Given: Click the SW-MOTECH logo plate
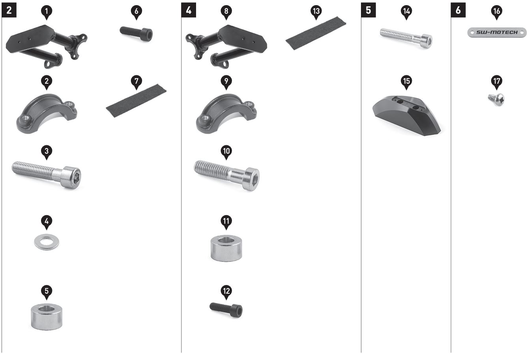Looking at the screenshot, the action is click(497, 32).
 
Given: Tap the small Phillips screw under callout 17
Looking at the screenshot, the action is click(496, 99).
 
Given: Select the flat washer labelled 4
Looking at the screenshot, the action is click(47, 242).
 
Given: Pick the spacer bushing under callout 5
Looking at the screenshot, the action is click(47, 317).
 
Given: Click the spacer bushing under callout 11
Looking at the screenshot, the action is click(226, 248).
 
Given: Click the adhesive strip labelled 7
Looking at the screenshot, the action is click(136, 101).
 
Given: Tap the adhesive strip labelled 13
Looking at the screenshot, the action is click(316, 33).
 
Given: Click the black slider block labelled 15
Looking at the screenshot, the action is click(407, 115).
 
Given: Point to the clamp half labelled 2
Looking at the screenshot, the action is click(47, 114).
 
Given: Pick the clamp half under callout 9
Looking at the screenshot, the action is click(226, 114).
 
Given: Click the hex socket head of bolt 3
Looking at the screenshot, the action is click(71, 177).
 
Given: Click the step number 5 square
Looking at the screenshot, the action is click(368, 10).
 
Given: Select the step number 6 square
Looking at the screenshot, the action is click(458, 10).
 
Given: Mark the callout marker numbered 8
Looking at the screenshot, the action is click(226, 12).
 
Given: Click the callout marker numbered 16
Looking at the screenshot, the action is click(496, 12).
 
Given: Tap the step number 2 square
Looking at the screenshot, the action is click(9, 10).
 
